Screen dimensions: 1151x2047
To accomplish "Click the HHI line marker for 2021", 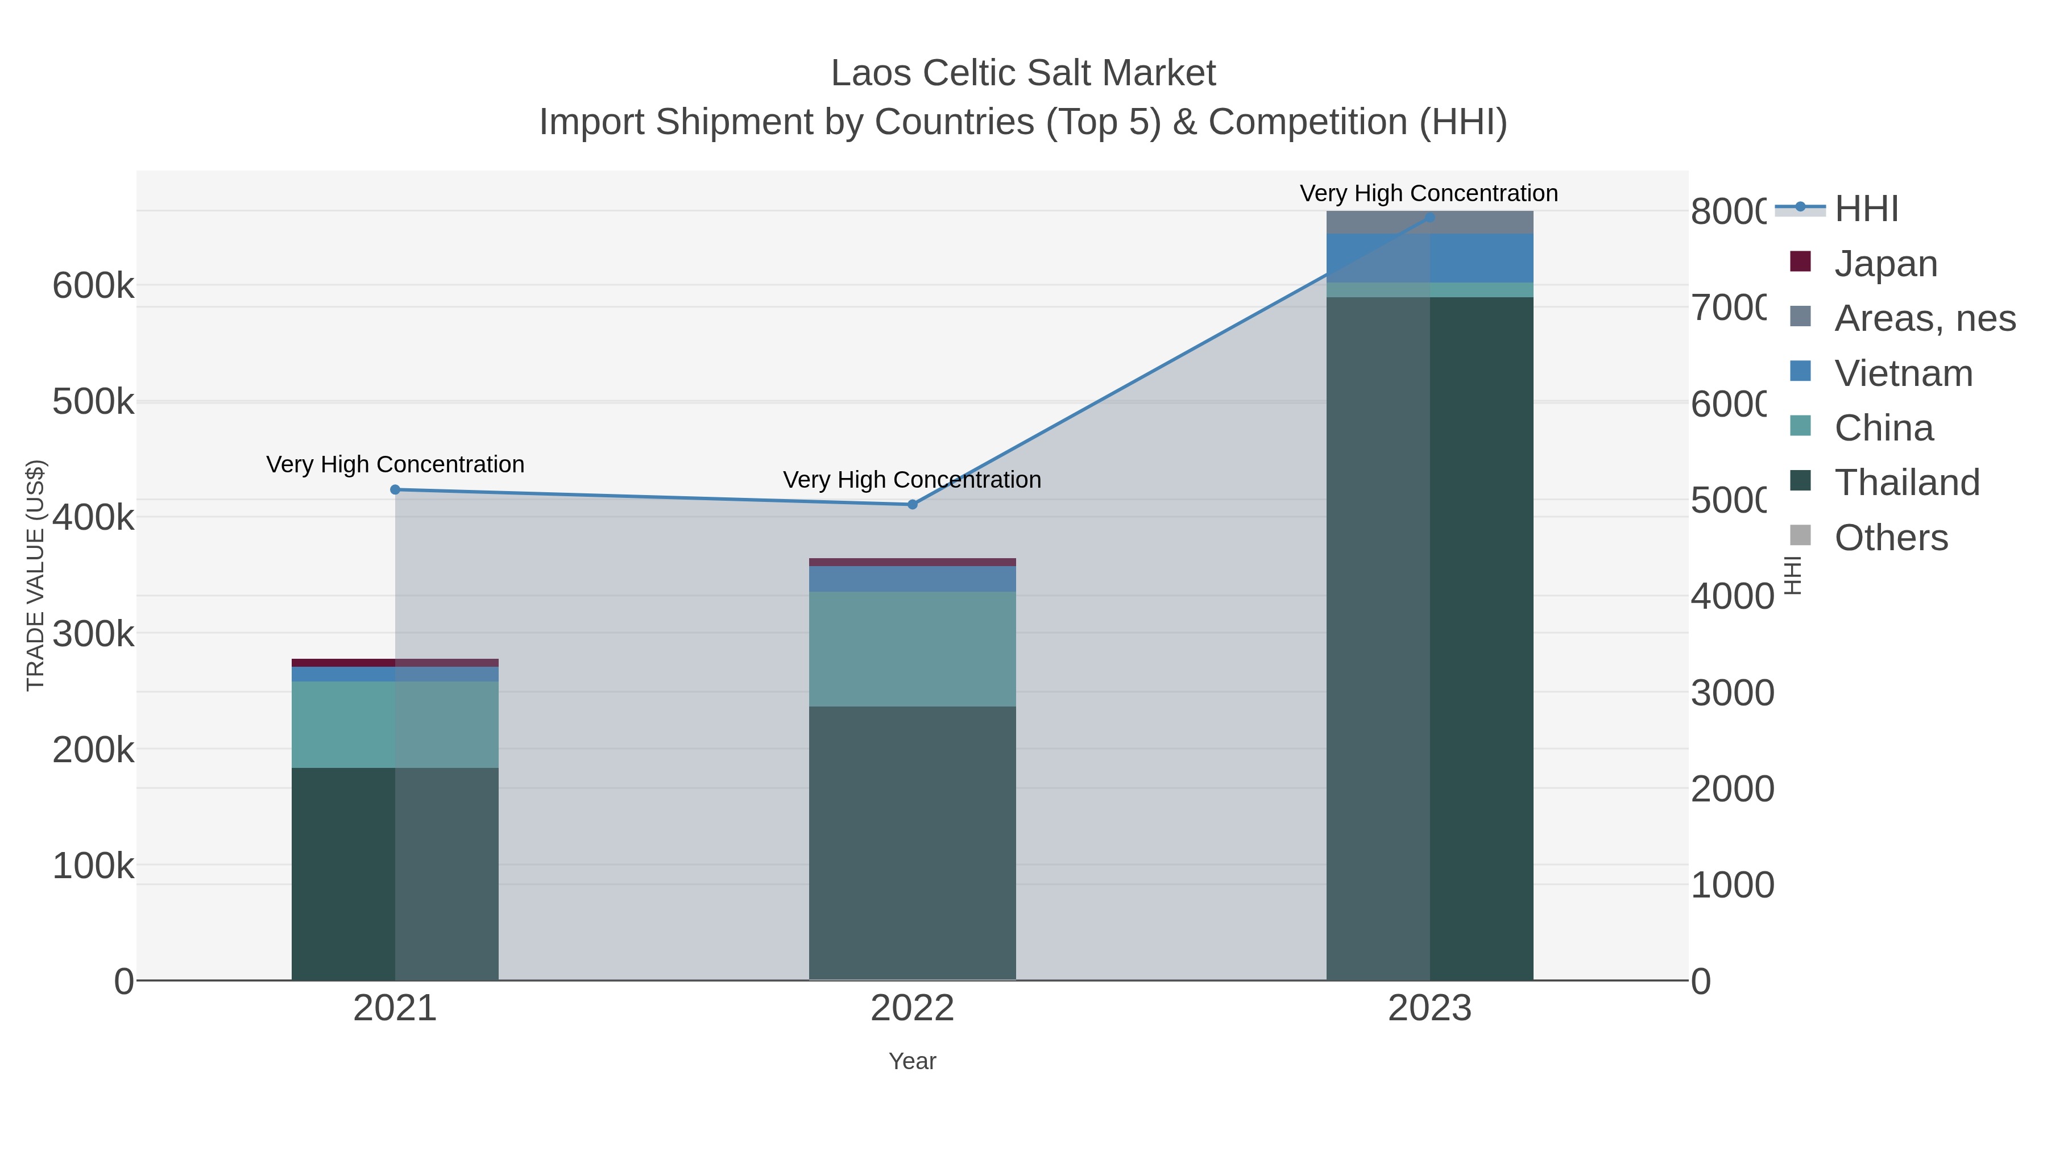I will (x=395, y=489).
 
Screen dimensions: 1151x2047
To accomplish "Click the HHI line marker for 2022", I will (x=912, y=504).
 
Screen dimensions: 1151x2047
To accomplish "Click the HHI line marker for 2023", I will (x=1429, y=217).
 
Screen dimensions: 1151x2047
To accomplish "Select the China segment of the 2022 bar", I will (x=912, y=649).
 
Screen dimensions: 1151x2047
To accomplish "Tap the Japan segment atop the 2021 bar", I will (x=395, y=663).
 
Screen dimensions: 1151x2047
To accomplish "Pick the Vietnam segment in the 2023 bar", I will (x=1429, y=258).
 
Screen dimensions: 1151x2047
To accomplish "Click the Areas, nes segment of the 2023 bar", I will (x=1429, y=222).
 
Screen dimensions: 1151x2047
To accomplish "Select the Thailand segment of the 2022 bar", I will (x=912, y=842).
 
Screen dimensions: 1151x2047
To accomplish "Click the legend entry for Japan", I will (x=1885, y=264).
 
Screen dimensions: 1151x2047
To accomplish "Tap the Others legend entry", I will (x=1891, y=538).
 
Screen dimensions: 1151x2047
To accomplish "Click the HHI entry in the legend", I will (x=1866, y=209).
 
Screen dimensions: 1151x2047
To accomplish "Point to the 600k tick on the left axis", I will (x=93, y=286).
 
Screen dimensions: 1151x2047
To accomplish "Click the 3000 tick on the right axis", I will (x=1731, y=693).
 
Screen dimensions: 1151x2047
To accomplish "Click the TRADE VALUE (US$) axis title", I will (x=36, y=575).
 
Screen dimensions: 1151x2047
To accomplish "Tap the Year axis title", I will (x=912, y=1061).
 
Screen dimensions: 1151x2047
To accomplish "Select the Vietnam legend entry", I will (x=1903, y=373).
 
